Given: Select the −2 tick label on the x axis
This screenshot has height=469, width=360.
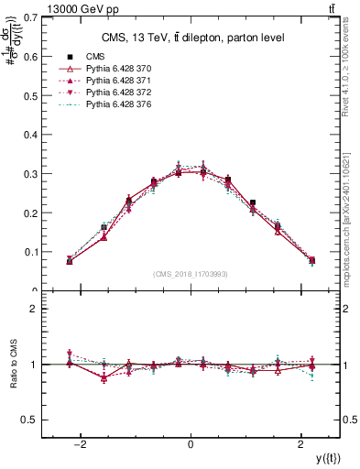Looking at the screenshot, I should tap(80, 444).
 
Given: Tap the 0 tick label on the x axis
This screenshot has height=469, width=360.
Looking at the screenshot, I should tap(191, 444).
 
